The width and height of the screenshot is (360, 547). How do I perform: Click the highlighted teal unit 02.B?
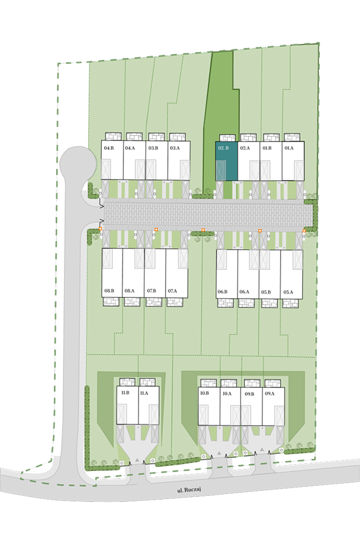tap(227, 161)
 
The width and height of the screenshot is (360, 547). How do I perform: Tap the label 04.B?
tap(109, 148)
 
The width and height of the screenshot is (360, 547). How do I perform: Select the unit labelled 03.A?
tap(179, 160)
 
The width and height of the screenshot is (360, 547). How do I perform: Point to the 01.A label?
tap(289, 148)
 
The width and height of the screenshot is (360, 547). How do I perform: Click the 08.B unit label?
tap(109, 291)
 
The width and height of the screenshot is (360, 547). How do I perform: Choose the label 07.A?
tap(172, 291)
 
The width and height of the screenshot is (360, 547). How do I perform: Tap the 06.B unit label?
tap(222, 291)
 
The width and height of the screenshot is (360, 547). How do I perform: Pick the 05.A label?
tap(288, 292)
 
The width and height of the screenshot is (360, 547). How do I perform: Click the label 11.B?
tap(125, 392)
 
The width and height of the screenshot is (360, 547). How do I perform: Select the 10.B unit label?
tap(204, 393)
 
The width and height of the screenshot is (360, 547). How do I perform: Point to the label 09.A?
tap(269, 393)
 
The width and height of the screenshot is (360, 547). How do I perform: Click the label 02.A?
tap(245, 148)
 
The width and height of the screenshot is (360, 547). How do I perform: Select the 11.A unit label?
tap(144, 393)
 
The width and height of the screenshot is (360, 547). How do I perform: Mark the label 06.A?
tap(244, 291)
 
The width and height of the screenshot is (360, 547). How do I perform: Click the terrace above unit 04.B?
tap(113, 137)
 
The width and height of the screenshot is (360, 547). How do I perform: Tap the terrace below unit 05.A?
tap(290, 303)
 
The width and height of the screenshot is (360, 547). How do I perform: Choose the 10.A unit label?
tap(227, 393)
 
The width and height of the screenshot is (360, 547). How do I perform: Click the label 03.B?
tap(153, 148)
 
